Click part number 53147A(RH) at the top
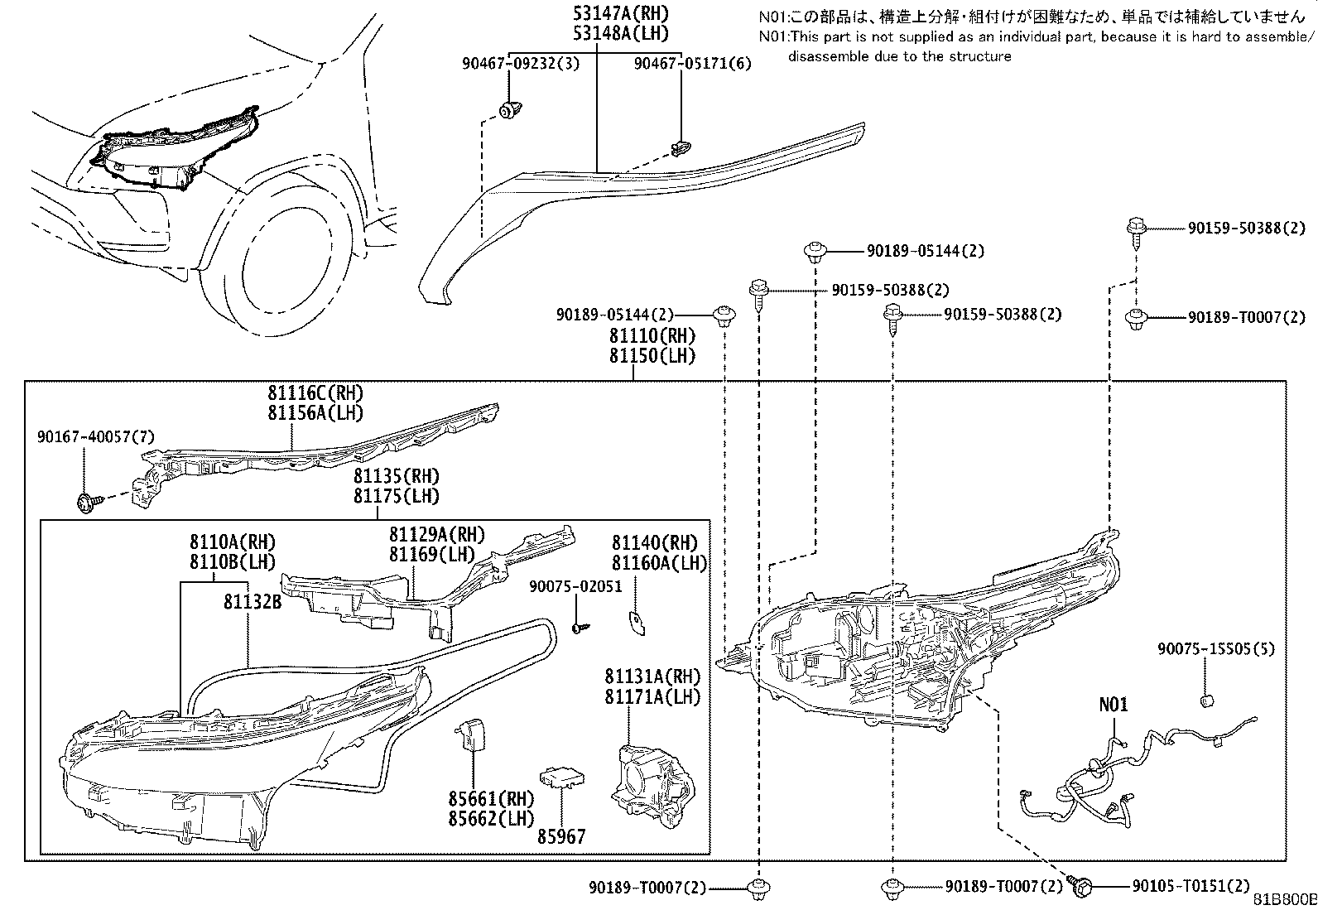click(x=621, y=13)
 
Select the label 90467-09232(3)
click(x=521, y=63)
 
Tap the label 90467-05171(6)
click(x=693, y=63)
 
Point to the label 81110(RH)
click(x=652, y=336)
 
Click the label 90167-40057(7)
click(x=96, y=436)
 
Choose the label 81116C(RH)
click(x=315, y=392)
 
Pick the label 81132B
click(x=253, y=602)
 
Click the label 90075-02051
click(x=575, y=586)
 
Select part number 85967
click(x=561, y=836)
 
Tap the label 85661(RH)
click(x=491, y=799)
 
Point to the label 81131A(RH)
click(x=652, y=676)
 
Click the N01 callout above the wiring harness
click(x=1114, y=705)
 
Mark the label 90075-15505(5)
click(x=1216, y=648)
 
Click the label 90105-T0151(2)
click(x=1191, y=886)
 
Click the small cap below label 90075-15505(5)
click(x=1207, y=701)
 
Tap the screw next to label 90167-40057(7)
click(x=88, y=503)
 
